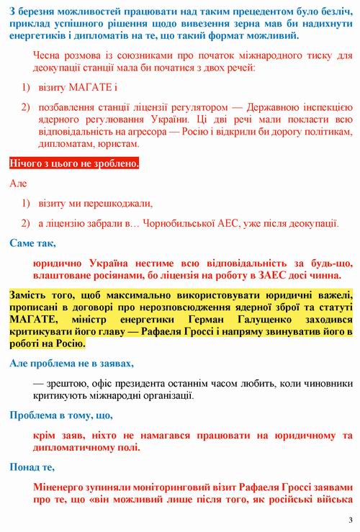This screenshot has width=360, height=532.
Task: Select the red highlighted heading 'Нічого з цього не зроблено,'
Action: pos(74,164)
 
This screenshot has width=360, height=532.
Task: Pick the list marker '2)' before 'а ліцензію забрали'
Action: pos(24,222)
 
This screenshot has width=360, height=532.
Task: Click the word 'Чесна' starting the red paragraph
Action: pos(48,55)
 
